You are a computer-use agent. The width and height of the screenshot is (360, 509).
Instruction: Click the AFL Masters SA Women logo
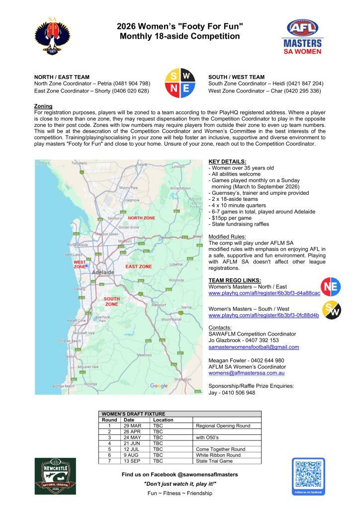(302, 37)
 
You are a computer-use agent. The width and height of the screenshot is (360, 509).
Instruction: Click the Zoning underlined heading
(43, 106)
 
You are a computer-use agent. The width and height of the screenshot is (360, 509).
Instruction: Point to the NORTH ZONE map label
(142, 218)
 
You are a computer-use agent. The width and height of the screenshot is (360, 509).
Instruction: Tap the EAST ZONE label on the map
(138, 266)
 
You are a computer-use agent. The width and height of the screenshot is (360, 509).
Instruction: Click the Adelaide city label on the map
(102, 273)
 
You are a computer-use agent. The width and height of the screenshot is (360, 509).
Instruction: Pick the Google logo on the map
(159, 386)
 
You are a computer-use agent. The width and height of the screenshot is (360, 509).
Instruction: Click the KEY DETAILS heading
(227, 162)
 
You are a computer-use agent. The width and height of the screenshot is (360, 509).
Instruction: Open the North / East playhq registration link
(264, 293)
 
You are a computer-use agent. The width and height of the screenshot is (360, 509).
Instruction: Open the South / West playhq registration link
(264, 315)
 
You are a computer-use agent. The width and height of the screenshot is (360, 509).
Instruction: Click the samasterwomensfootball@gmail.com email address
(254, 347)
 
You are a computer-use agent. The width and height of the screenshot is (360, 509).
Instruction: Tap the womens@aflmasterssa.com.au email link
(246, 373)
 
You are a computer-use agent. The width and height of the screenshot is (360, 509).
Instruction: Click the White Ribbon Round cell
(218, 455)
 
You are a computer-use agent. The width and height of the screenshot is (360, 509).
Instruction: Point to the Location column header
(163, 420)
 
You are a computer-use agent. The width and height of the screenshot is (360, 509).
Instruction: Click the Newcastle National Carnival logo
(55, 476)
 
